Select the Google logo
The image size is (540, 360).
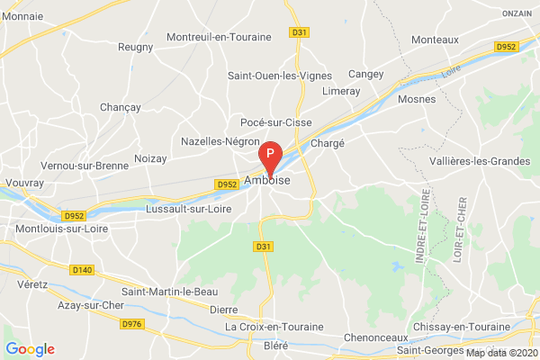[30, 349]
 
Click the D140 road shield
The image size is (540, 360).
[82, 269]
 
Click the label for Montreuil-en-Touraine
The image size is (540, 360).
[220, 37]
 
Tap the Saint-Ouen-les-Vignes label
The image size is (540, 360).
[279, 75]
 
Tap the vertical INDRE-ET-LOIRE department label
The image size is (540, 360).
[421, 231]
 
